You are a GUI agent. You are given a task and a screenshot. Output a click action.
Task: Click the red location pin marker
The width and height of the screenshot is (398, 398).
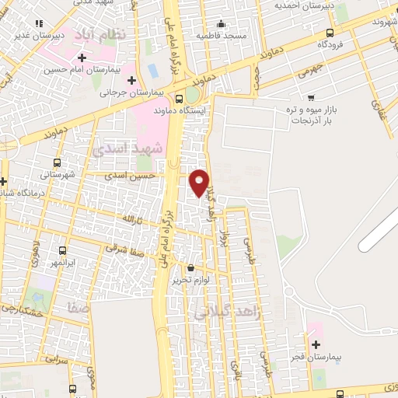[200, 182]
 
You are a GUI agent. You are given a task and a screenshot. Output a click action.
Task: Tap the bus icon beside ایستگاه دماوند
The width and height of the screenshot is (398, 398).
[180, 99]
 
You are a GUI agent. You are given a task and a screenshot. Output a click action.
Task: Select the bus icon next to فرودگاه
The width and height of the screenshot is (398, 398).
[331, 32]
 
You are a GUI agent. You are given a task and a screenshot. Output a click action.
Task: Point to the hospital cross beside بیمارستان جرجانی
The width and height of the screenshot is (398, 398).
[131, 80]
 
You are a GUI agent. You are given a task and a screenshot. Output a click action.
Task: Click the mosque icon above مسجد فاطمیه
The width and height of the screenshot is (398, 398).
[222, 23]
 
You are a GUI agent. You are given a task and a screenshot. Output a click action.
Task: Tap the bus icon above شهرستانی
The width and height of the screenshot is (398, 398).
[57, 162]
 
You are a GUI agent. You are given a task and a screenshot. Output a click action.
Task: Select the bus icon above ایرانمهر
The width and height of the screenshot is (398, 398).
[64, 250]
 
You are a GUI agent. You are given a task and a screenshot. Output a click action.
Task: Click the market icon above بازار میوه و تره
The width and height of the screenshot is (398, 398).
[311, 98]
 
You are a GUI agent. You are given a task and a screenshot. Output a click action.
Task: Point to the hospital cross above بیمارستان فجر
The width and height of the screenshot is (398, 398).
[316, 344]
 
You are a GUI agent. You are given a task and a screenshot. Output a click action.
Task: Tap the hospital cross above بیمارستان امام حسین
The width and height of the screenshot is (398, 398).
[82, 58]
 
